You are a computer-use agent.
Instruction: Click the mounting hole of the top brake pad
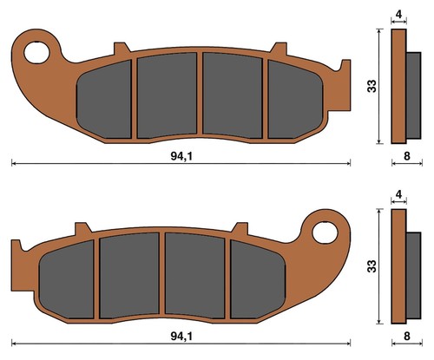[36, 53]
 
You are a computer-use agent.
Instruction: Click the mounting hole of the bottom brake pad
[325, 232]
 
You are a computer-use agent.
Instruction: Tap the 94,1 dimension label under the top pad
[181, 156]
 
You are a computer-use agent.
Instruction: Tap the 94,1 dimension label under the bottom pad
[181, 337]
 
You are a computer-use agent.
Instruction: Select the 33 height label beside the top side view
[372, 86]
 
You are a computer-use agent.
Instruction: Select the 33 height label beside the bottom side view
[372, 265]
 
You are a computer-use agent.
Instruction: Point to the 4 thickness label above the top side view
[398, 14]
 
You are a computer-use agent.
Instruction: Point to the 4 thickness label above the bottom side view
[398, 194]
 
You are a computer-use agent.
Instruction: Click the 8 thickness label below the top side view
[407, 156]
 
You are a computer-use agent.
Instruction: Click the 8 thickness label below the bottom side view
[407, 337]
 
